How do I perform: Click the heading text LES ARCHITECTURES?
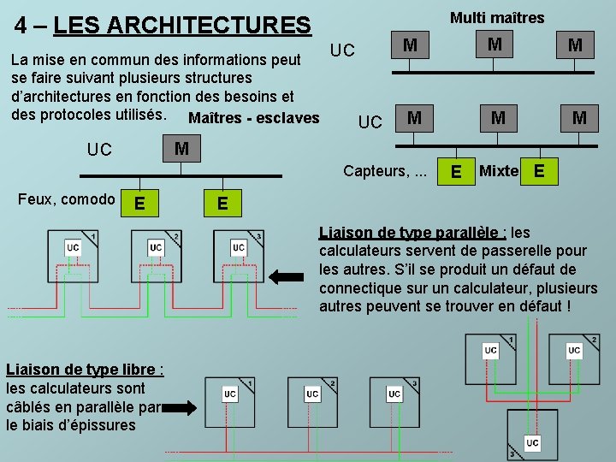[181, 25]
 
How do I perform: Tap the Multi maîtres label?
[497, 17]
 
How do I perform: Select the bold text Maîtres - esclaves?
[252, 118]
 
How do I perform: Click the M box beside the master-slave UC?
[181, 149]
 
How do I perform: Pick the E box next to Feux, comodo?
[139, 203]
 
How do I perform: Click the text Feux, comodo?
[67, 199]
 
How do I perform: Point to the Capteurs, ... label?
[385, 170]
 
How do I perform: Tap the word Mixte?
[499, 170]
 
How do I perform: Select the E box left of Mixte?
[457, 172]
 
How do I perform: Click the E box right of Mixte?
[538, 171]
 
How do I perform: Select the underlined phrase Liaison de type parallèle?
[411, 233]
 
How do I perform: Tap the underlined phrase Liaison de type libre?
[81, 370]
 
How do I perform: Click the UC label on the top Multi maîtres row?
[342, 50]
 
